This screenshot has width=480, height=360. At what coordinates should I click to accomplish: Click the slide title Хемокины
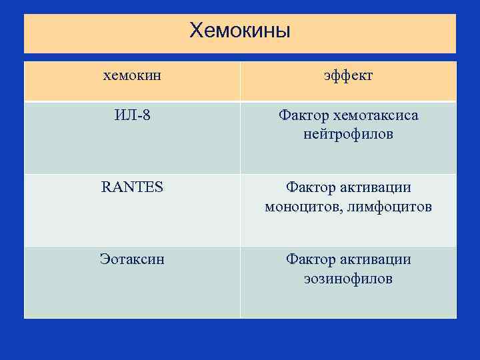point(239,30)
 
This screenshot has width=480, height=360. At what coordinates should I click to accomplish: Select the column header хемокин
point(132,75)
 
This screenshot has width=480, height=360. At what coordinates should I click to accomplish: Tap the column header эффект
point(348,75)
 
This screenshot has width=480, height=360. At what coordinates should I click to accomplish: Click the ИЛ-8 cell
point(132,115)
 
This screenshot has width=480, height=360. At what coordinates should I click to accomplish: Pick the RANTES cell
point(132,187)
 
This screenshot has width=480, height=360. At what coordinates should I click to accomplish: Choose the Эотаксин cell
point(132,259)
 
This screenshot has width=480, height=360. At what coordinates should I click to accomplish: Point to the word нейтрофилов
point(348,135)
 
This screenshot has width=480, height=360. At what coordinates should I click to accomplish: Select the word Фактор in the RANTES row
point(311,188)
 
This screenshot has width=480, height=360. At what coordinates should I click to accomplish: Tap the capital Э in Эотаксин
point(105,259)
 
